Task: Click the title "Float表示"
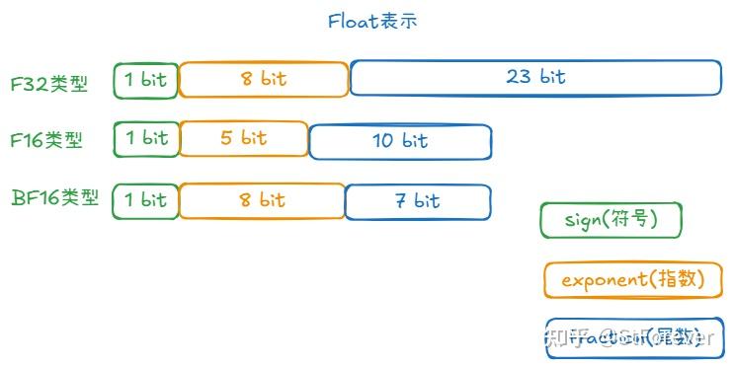point(372,21)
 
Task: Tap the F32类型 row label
point(49,83)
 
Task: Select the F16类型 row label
point(46,140)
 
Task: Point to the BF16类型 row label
point(55,197)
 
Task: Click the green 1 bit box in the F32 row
point(146,80)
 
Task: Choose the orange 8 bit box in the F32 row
point(264,79)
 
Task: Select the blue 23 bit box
point(535,78)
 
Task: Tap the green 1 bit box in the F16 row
point(146,139)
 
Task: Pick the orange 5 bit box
point(244,138)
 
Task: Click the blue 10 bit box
point(400,141)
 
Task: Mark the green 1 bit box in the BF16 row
point(146,200)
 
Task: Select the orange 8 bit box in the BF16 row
point(262,200)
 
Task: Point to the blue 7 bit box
point(417,201)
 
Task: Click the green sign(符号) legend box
point(611,220)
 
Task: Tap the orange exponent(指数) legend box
point(634,279)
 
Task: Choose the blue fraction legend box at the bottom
point(634,338)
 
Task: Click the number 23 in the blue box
point(519,77)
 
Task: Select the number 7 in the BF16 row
point(401,201)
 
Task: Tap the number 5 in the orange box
point(227,138)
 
